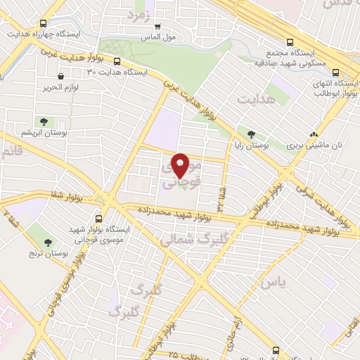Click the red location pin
click(181, 165)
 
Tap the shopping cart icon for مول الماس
click(157, 26)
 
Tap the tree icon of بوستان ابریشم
click(45, 121)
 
